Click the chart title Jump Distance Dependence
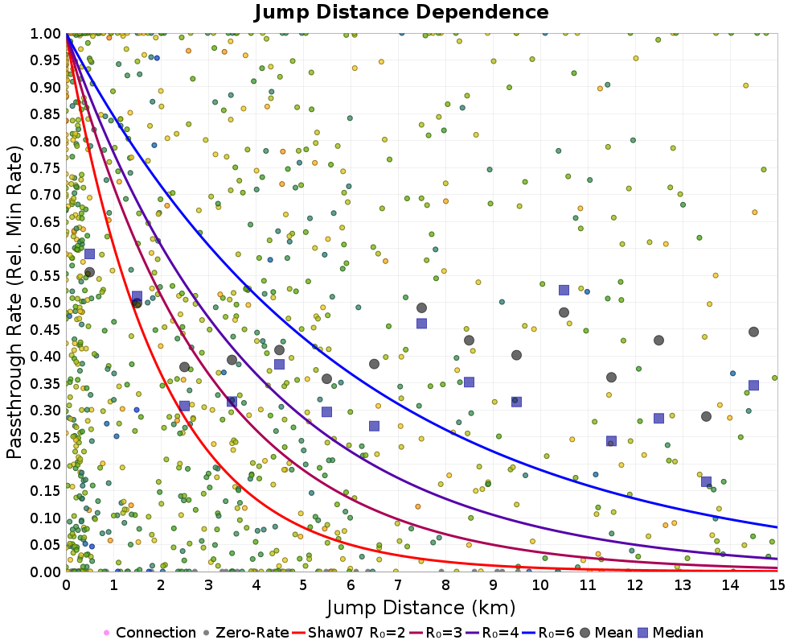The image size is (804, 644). (401, 13)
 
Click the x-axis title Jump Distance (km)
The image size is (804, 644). (421, 606)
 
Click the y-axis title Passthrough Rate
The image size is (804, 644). (16, 303)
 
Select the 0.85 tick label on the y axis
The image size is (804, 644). (47, 114)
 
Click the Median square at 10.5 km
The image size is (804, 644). (564, 290)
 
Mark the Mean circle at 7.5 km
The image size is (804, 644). (421, 308)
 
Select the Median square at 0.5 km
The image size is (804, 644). (89, 254)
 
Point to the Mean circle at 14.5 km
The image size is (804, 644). (753, 332)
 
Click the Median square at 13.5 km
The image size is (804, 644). (706, 481)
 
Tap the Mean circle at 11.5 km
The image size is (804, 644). (611, 378)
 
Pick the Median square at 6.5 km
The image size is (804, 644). (374, 426)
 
